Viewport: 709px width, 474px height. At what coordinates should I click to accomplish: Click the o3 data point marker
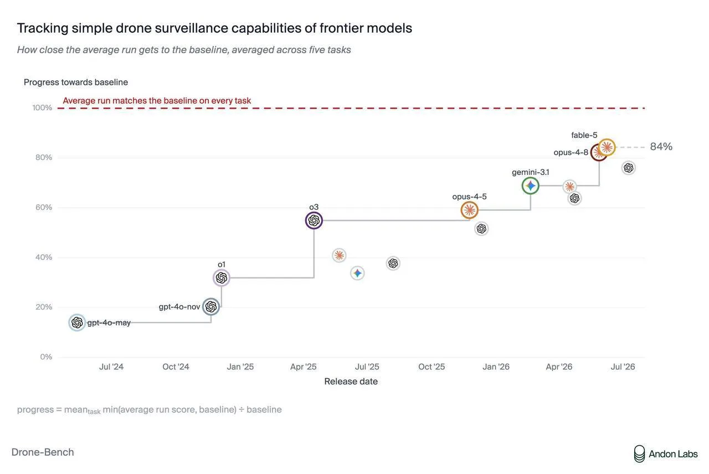tap(314, 220)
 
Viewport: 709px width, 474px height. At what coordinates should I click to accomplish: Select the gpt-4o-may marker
tap(77, 322)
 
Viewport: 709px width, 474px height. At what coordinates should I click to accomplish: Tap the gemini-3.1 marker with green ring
tap(530, 186)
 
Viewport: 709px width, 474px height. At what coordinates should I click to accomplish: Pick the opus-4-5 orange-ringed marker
tap(469, 210)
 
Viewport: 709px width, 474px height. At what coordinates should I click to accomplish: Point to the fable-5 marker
tap(607, 147)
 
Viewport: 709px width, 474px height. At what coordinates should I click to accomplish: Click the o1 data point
tap(221, 278)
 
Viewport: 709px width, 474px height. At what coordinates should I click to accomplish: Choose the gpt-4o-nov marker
tap(211, 306)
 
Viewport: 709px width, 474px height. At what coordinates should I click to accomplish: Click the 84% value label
tap(661, 147)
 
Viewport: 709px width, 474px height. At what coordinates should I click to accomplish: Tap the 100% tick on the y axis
tap(42, 108)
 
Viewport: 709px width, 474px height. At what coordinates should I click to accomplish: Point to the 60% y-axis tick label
tap(44, 208)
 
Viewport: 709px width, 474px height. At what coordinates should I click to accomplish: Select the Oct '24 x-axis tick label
tap(176, 367)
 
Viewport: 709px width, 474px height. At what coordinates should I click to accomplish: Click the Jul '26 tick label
tap(623, 367)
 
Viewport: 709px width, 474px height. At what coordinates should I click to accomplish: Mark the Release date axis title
tap(351, 382)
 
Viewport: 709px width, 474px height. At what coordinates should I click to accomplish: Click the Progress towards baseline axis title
tap(76, 83)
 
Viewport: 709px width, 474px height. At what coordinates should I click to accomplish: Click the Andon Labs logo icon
tap(639, 454)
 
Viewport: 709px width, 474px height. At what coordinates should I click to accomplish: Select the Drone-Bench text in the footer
tap(43, 452)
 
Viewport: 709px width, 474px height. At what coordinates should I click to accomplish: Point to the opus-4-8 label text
tap(571, 152)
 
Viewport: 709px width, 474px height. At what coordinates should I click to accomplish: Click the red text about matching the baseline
tap(157, 101)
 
